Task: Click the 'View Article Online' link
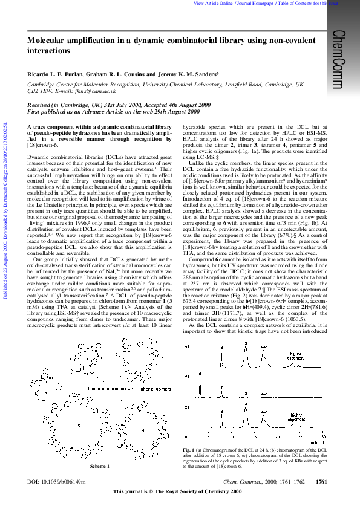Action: [212, 3]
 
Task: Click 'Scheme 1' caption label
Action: [100, 466]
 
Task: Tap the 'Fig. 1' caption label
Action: [189, 450]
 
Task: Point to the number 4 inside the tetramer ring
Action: [143, 430]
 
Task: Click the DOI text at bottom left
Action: [57, 482]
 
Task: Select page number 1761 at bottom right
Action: [322, 482]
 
